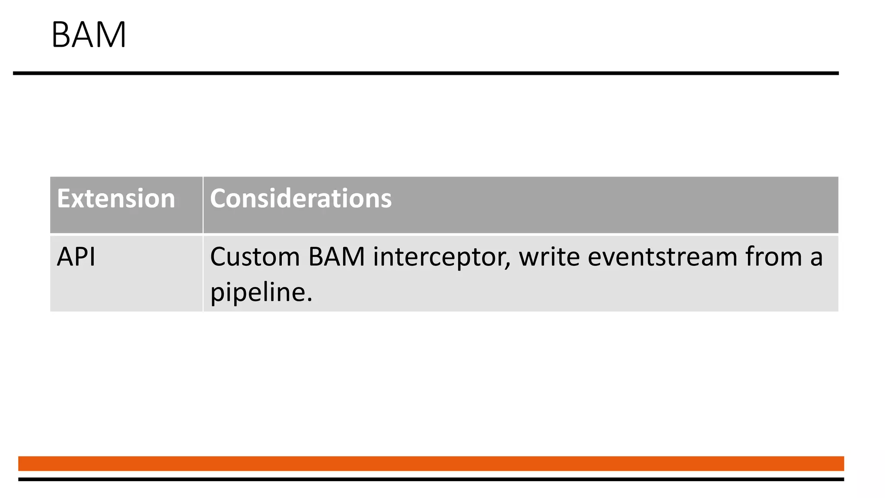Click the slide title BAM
coord(89,35)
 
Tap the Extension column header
coord(116,199)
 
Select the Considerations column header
coord(301,199)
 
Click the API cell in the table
coord(76,257)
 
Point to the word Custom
coord(255,257)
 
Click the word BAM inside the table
coord(337,257)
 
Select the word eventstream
coord(662,257)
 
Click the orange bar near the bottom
coord(431,463)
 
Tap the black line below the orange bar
coord(431,479)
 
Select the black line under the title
coord(426,73)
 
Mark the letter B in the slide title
coord(61,35)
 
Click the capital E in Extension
coord(64,199)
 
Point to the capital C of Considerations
coord(218,199)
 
